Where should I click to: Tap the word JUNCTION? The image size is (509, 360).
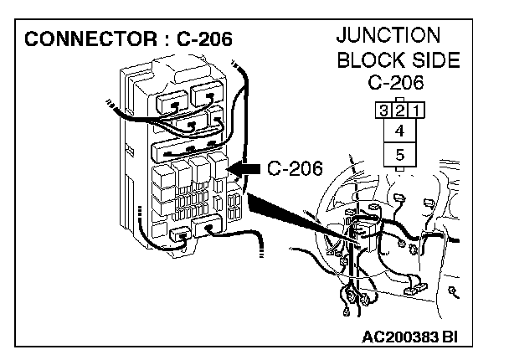pos(388,36)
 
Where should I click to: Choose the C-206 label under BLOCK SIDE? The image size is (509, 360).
pos(398,83)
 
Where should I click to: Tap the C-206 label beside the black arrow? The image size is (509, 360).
pos(295,169)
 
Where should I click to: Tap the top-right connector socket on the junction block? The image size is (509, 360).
pos(207,95)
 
